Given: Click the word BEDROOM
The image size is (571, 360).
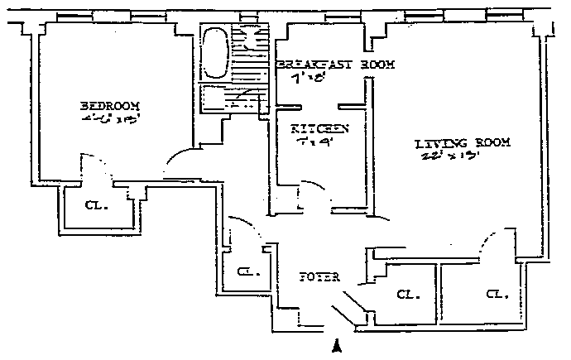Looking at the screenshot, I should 110,107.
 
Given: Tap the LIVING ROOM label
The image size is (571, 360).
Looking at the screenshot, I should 463,143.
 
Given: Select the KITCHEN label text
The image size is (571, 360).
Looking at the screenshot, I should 319,129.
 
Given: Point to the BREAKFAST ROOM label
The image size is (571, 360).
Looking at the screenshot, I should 335,65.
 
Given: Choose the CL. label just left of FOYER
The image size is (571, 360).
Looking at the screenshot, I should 247,271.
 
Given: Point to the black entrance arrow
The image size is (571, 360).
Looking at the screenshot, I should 337,347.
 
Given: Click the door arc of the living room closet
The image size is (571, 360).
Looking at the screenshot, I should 487,246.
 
